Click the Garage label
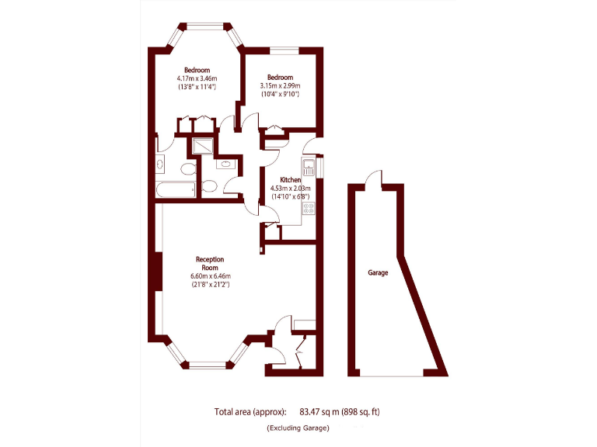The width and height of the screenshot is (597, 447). [x=378, y=273]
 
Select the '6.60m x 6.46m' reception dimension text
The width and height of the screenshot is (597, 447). [x=210, y=276]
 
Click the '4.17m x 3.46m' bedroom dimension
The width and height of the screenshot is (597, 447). [x=197, y=78]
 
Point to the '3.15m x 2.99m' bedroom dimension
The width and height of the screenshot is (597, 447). [x=280, y=85]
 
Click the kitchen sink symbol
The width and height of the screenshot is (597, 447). [x=308, y=166]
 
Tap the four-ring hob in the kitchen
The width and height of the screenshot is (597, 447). [x=308, y=208]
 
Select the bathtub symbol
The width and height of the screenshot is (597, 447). [x=175, y=189]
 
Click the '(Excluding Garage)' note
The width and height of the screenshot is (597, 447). [x=298, y=428]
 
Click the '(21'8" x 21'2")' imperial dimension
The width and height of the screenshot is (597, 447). [x=210, y=285]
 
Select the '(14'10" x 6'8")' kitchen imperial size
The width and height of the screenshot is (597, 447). [x=290, y=196]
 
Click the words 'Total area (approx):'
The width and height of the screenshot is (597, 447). [x=250, y=411]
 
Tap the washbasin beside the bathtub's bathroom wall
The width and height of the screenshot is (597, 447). [x=159, y=164]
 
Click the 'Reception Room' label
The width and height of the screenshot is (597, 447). [x=210, y=263]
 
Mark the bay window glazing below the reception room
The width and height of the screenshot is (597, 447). [x=210, y=362]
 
